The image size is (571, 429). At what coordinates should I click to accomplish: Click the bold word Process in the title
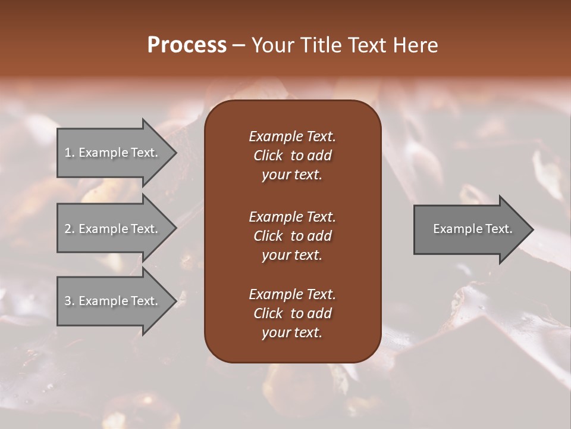tap(187, 45)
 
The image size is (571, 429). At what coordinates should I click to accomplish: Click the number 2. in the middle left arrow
tap(69, 229)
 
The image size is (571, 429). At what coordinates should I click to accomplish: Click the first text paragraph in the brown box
tap(292, 156)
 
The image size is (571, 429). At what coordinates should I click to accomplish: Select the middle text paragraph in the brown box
tap(292, 235)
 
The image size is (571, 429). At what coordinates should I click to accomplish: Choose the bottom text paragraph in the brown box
tap(292, 313)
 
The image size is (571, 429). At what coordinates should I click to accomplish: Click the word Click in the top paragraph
tap(268, 156)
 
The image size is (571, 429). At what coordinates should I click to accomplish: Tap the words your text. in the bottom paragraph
tap(292, 333)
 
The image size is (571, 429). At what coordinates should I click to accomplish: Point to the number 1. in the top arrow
tap(69, 153)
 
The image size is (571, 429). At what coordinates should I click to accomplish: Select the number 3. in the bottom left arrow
tap(69, 301)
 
